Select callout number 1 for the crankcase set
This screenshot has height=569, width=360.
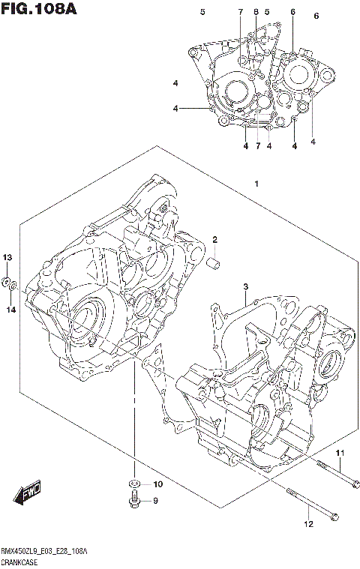pyautogui.click(x=256, y=184)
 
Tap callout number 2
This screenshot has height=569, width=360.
pyautogui.click(x=214, y=240)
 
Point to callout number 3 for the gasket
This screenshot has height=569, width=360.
pyautogui.click(x=245, y=286)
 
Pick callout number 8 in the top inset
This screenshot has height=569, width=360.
pyautogui.click(x=256, y=13)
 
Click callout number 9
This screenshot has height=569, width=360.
pyautogui.click(x=156, y=502)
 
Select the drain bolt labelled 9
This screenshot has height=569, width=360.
pyautogui.click(x=133, y=502)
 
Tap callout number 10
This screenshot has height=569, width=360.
pyautogui.click(x=157, y=484)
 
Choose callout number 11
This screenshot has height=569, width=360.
pyautogui.click(x=338, y=454)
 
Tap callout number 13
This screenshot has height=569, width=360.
pyautogui.click(x=8, y=258)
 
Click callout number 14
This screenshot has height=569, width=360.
pyautogui.click(x=10, y=310)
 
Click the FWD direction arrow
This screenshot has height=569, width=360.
pyautogui.click(x=26, y=495)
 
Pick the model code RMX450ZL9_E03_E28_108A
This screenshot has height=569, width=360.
pyautogui.click(x=45, y=551)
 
